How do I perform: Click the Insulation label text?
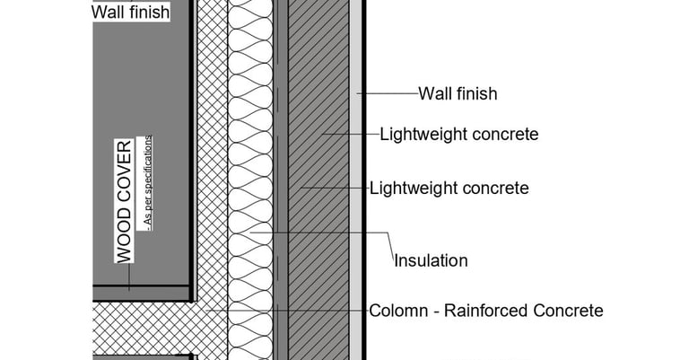coord(431,261)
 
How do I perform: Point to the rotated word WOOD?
coord(125,235)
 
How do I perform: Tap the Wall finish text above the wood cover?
coord(130,13)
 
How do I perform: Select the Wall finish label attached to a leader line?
coord(458,93)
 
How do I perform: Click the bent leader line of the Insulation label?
coord(388,241)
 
